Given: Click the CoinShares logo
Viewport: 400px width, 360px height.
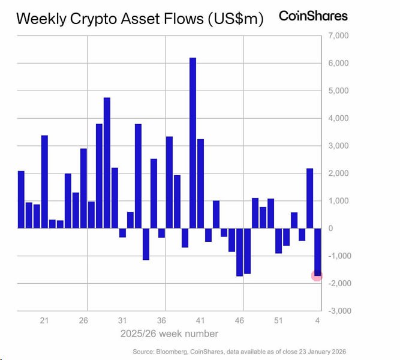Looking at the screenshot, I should click(313, 16).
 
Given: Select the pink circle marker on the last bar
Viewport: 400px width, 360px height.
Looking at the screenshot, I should click(317, 275).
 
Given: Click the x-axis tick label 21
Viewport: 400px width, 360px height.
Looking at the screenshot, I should click(44, 320).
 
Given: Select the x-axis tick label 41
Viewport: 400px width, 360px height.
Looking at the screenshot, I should click(200, 320).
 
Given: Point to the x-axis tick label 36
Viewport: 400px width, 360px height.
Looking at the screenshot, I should click(161, 320).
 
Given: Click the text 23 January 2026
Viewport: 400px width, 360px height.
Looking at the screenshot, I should click(323, 350).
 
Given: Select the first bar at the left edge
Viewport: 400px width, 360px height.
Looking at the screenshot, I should click(21, 199).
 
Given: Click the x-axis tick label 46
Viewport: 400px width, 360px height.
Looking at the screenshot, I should click(239, 320).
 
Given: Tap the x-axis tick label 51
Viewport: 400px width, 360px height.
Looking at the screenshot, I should click(278, 320).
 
